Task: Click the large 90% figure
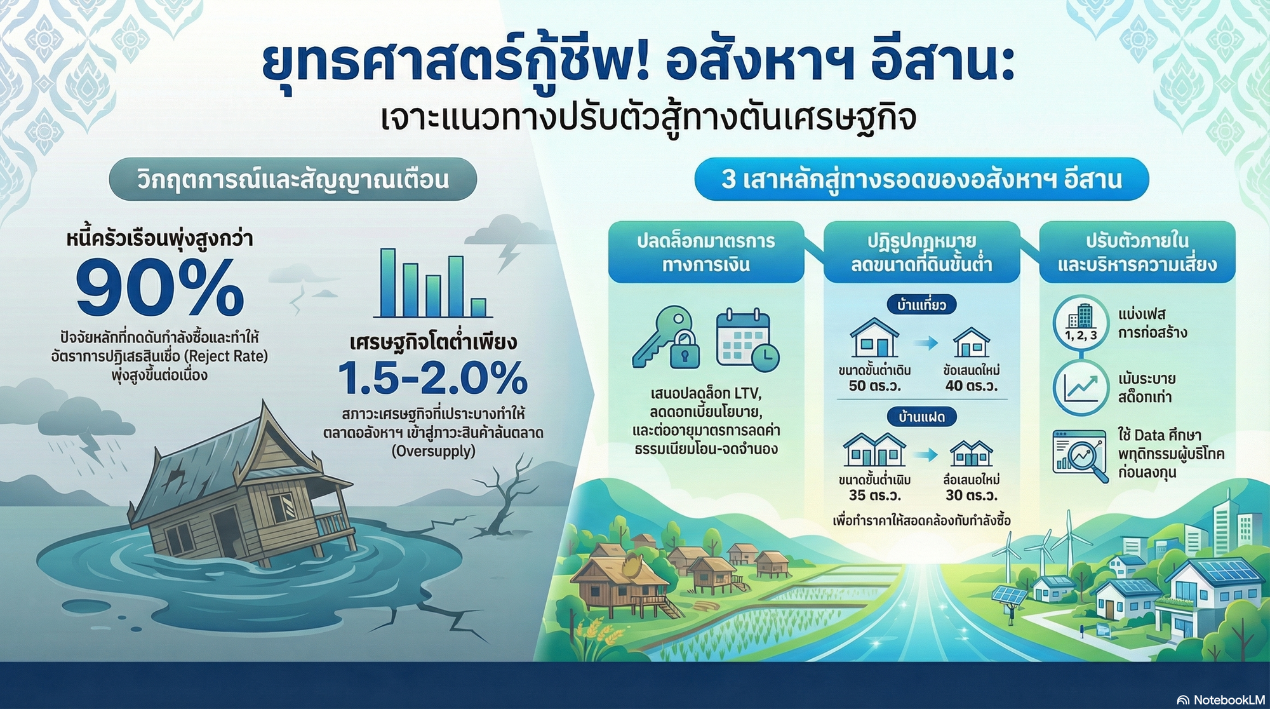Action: (x=160, y=289)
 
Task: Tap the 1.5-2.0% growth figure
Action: (x=432, y=378)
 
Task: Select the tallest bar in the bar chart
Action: (x=387, y=283)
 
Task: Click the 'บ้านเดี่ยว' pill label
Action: (x=921, y=305)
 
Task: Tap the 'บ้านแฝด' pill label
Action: (x=921, y=417)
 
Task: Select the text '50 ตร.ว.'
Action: (x=874, y=386)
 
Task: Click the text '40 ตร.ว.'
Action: (x=971, y=386)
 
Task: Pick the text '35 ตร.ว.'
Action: (x=874, y=496)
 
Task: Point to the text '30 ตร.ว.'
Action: (x=971, y=496)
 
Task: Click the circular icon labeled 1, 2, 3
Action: (x=1080, y=323)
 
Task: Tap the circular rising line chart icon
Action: (x=1080, y=388)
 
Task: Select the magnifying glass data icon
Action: (x=1080, y=454)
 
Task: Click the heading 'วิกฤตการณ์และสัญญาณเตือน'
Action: (x=293, y=180)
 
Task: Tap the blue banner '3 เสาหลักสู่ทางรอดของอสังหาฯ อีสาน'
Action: (x=921, y=180)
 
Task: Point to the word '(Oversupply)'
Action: (x=433, y=452)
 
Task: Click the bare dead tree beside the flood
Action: (x=505, y=496)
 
